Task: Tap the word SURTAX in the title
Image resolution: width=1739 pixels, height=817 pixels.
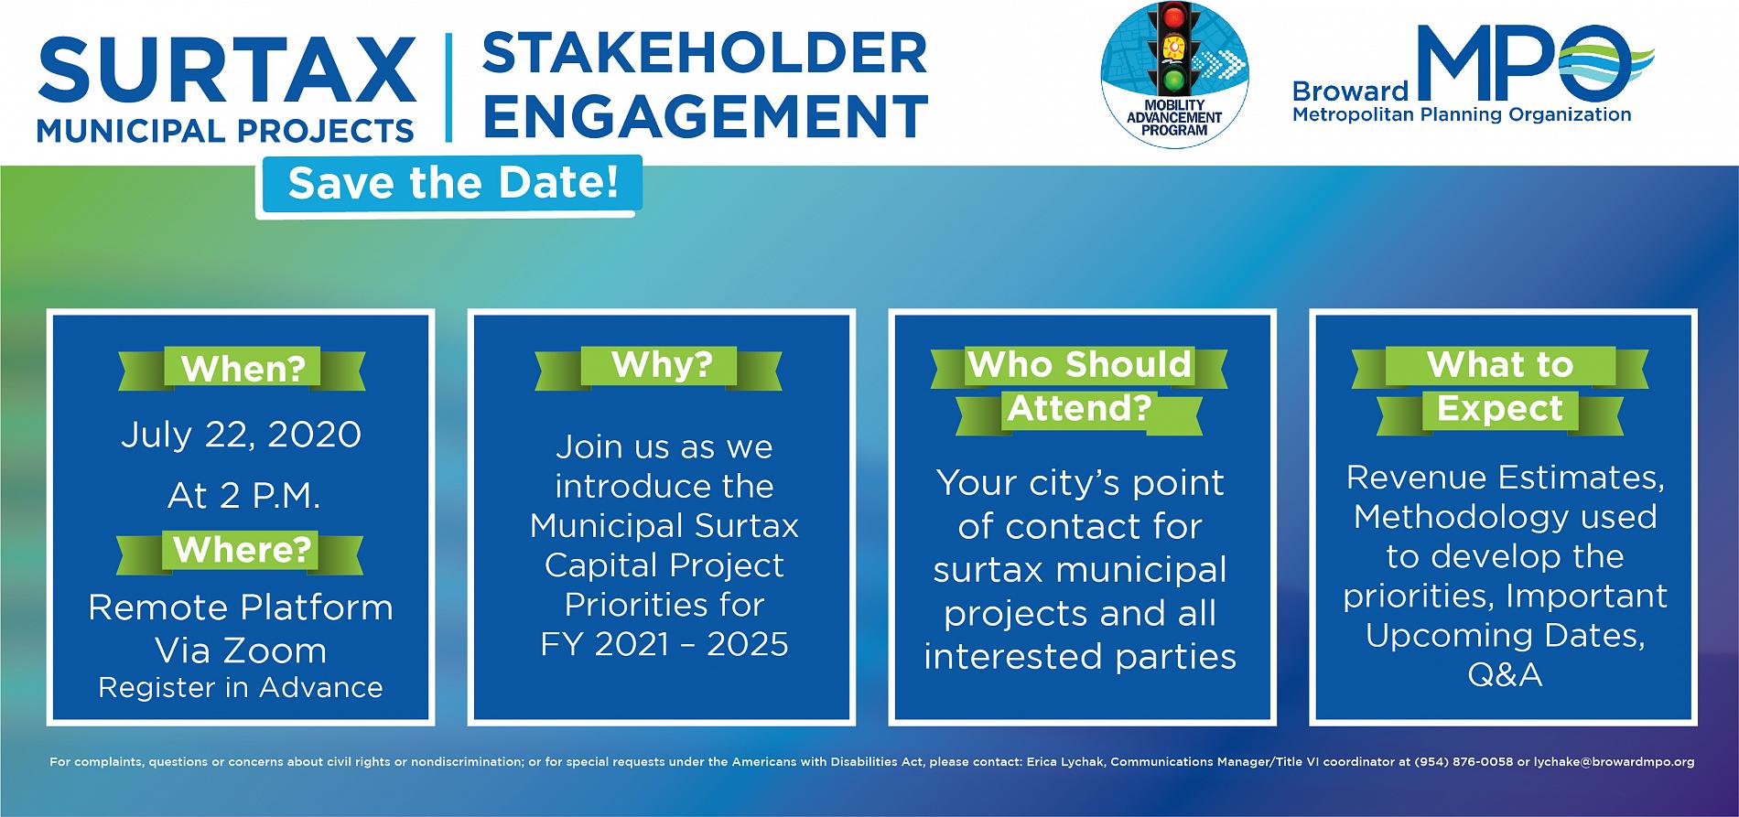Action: click(x=226, y=70)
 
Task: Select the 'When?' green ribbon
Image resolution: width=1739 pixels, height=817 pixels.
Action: click(x=243, y=369)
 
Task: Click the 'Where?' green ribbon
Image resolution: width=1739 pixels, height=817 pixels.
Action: click(x=242, y=551)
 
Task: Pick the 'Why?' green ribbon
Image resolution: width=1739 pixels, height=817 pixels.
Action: click(x=661, y=365)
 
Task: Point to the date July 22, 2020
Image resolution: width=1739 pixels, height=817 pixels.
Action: click(x=241, y=435)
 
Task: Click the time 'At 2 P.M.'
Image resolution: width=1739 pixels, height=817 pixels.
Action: click(x=243, y=496)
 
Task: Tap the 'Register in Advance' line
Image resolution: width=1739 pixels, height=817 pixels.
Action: click(x=241, y=688)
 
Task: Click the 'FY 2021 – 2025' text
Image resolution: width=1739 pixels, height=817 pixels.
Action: click(x=664, y=645)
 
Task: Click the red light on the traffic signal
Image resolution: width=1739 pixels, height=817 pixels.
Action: click(x=1171, y=17)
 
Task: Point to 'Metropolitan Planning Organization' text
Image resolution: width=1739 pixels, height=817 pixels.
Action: click(x=1461, y=115)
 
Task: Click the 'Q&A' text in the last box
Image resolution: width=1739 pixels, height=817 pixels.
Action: click(x=1505, y=675)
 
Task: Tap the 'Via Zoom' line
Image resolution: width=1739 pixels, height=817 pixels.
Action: click(x=241, y=650)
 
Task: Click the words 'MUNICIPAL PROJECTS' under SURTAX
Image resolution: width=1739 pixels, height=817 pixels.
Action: click(x=225, y=130)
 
